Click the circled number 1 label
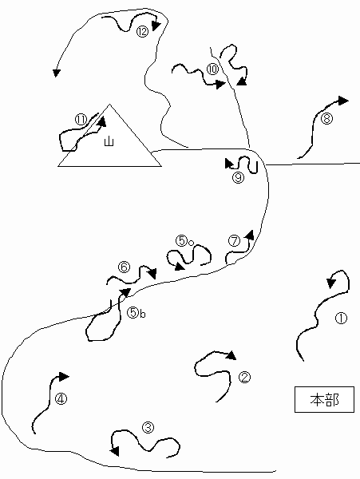[x=341, y=318]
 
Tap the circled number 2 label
[x=244, y=378]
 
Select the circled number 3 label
[x=148, y=427]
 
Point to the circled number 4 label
[x=61, y=398]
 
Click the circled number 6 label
[x=124, y=267]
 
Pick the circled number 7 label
[x=234, y=241]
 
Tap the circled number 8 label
[x=326, y=118]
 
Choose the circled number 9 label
[x=238, y=177]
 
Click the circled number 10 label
[x=213, y=69]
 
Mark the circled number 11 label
[x=81, y=120]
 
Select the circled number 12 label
[x=142, y=31]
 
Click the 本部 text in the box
[x=324, y=400]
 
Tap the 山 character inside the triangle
[x=109, y=141]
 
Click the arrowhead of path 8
[x=343, y=101]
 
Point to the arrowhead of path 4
[x=64, y=377]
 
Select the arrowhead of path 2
[x=231, y=355]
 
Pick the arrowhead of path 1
[x=331, y=283]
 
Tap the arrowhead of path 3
[x=115, y=451]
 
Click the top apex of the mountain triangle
[x=109, y=105]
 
